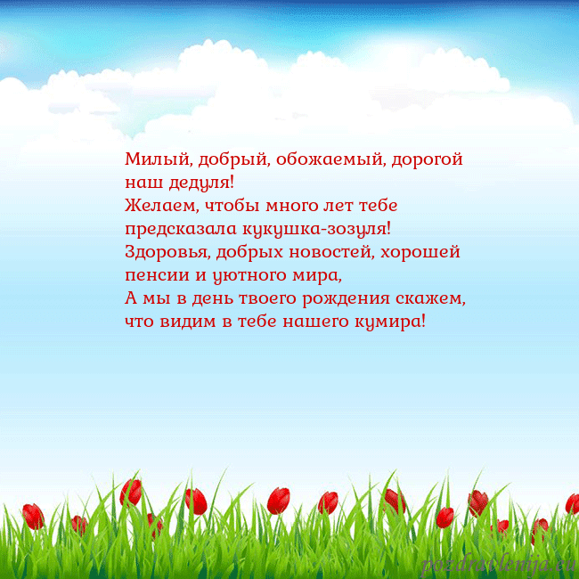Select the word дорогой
(427, 161)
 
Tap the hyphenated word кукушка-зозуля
(315, 229)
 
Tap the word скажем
(436, 298)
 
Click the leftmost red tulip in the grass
(33, 516)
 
